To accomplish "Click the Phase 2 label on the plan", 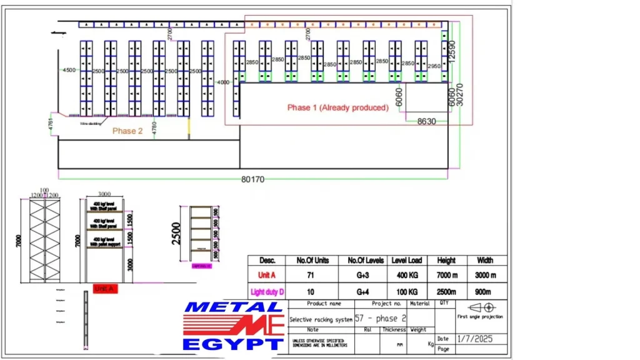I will point(127,131).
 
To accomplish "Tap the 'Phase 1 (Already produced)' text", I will point(337,107).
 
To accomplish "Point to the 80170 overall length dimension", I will point(252,179).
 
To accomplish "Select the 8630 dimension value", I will point(427,121).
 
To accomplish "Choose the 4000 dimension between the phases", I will point(223,82).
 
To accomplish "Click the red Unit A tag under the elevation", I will point(104,289).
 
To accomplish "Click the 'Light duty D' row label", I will point(266,292).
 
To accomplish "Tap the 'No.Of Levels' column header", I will point(364,260).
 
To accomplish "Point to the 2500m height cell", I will point(446,292).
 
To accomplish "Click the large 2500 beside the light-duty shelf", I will point(177,233).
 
